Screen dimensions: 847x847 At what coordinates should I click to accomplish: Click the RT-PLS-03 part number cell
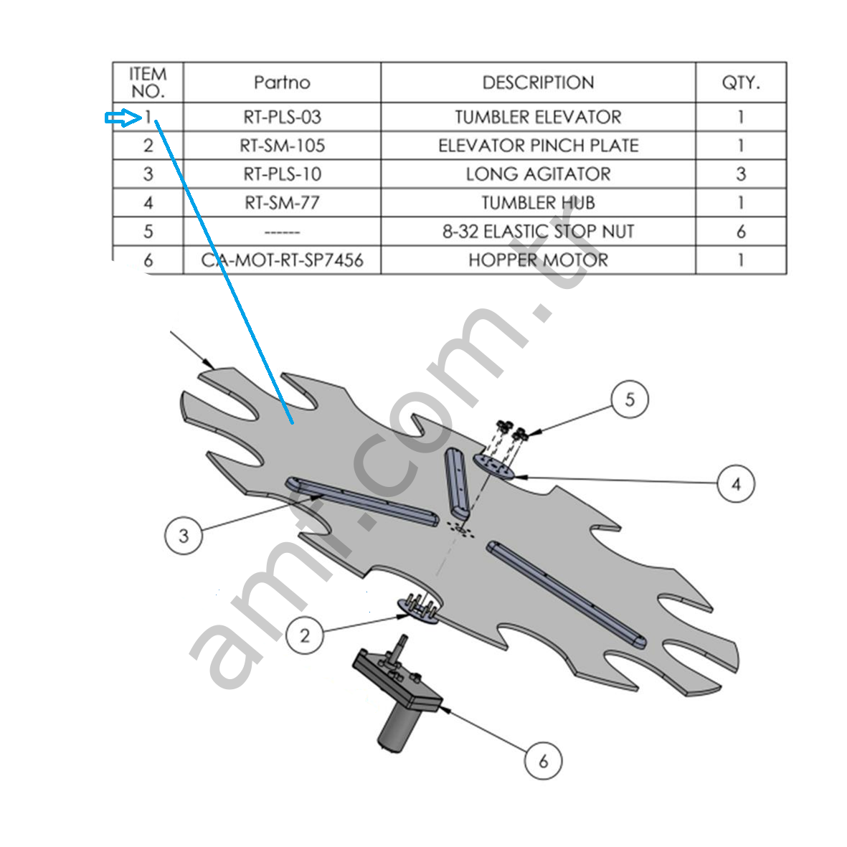click(x=282, y=117)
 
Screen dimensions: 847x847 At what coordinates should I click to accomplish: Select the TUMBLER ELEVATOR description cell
click(x=538, y=117)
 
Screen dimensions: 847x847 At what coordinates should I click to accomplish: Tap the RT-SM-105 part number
click(x=282, y=146)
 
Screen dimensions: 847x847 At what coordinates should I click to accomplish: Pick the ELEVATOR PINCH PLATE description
click(x=538, y=146)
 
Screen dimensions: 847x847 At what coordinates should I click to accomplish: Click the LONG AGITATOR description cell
click(x=538, y=174)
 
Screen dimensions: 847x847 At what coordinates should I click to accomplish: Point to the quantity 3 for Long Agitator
click(x=741, y=174)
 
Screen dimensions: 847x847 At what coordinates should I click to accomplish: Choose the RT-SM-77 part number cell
click(x=282, y=203)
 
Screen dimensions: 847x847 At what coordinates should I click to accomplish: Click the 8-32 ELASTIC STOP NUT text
click(x=538, y=232)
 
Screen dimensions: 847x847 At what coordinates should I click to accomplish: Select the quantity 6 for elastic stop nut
click(x=741, y=232)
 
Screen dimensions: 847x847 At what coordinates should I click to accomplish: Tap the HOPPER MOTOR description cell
click(x=538, y=260)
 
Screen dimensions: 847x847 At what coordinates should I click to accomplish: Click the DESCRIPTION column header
click(x=538, y=82)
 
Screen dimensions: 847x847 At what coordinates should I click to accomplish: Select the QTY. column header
click(x=741, y=82)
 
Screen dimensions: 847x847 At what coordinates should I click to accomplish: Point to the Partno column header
click(x=282, y=82)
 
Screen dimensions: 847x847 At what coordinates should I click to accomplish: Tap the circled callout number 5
click(x=630, y=399)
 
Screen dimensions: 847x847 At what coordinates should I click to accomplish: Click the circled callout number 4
click(x=736, y=484)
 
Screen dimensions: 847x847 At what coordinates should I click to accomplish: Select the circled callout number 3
click(x=184, y=535)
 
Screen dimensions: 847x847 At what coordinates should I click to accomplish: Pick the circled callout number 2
click(x=305, y=635)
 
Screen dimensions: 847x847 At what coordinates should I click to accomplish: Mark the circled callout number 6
click(x=543, y=760)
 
